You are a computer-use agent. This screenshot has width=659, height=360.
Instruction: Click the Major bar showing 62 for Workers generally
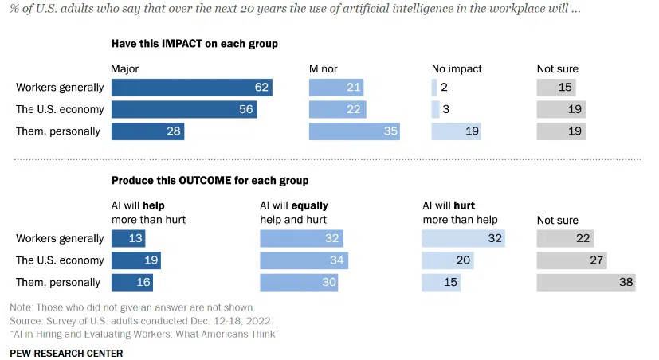coord(192,88)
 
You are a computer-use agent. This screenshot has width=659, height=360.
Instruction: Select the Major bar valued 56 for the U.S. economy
coord(184,109)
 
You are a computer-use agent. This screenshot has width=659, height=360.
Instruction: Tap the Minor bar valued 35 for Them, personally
coord(354,131)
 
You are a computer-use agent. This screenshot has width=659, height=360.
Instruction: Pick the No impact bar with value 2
coord(433,88)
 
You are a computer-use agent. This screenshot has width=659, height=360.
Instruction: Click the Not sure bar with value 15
coord(556,88)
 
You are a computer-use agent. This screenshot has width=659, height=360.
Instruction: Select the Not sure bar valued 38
coord(586,282)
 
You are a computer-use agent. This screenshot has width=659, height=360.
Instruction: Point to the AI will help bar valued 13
coord(128,238)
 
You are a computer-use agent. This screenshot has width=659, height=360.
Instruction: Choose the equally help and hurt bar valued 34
coord(304,260)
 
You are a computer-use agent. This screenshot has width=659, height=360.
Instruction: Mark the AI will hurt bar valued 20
coord(448,260)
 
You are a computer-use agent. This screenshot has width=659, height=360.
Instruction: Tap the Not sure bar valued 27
coord(571,260)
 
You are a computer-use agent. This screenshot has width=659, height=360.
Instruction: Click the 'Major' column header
coord(126,68)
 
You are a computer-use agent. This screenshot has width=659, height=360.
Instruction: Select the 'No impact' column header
coord(457,68)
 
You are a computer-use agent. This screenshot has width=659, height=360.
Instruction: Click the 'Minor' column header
coord(324,68)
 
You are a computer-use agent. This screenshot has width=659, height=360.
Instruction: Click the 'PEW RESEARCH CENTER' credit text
coord(66,352)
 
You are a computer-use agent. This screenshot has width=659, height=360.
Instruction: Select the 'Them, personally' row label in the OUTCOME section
coord(58,282)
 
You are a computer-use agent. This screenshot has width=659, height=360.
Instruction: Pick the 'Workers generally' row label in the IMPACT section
coord(60,88)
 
